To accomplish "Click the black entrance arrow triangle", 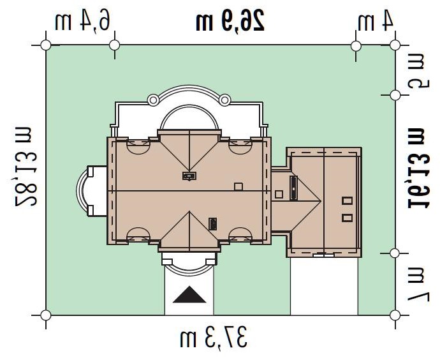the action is pos(189,295).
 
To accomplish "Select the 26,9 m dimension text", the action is pos(230,19).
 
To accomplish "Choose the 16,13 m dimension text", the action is pos(418,168).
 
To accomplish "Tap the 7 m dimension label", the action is pos(418,283).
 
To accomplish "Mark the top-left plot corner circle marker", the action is pos(46,45).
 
